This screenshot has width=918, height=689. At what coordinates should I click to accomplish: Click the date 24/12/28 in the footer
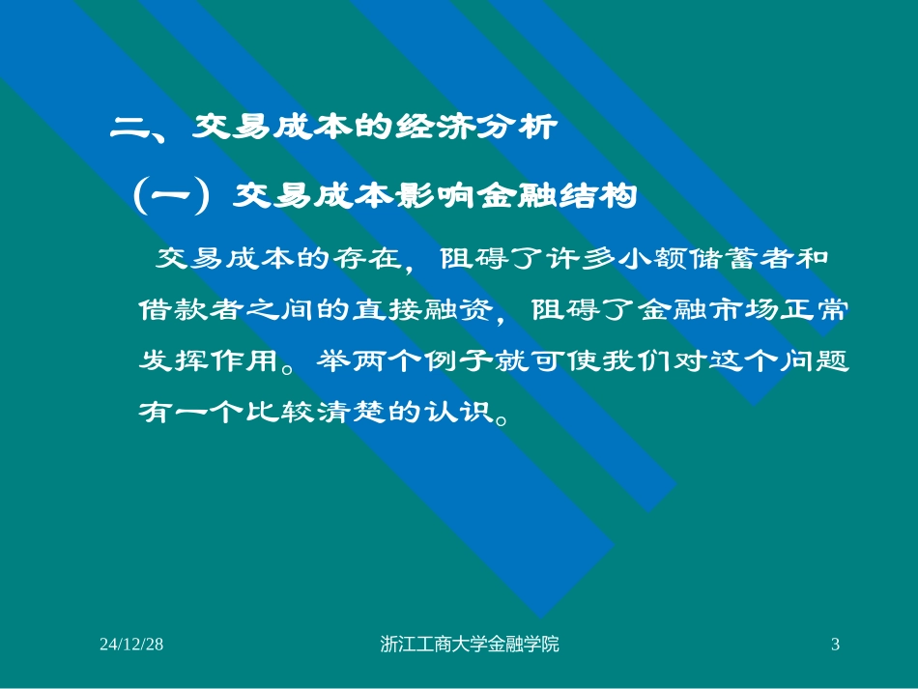tap(131, 645)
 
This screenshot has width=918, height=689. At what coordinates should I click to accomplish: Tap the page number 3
tap(836, 645)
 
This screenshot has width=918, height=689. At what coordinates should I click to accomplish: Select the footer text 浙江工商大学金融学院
tap(471, 645)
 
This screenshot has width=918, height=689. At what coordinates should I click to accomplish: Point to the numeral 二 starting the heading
tap(127, 128)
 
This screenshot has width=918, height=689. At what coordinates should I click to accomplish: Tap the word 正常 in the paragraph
tap(818, 310)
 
